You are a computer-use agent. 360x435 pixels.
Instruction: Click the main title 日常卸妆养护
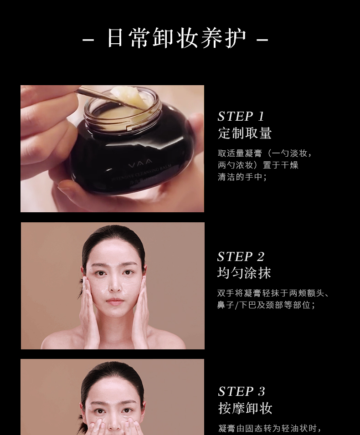176,38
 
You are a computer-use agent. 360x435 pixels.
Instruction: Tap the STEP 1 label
241,116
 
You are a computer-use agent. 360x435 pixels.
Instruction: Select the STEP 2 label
241,256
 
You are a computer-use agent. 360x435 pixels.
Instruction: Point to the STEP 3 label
241,391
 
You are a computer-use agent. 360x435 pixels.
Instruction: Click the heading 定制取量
245,133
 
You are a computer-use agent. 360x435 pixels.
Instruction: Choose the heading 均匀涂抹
244,273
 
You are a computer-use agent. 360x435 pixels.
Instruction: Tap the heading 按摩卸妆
245,408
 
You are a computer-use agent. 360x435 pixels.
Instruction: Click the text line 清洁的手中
242,177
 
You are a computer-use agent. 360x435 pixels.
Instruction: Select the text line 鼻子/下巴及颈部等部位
266,305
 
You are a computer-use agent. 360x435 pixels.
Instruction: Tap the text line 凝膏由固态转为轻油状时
269,428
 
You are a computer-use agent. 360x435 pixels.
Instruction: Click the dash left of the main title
88,40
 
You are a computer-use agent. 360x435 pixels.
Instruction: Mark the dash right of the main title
262,40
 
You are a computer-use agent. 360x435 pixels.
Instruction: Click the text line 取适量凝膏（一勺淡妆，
265,154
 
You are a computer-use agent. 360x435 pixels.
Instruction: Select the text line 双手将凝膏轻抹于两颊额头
273,293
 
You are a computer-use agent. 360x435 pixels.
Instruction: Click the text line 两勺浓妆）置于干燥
258,165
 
